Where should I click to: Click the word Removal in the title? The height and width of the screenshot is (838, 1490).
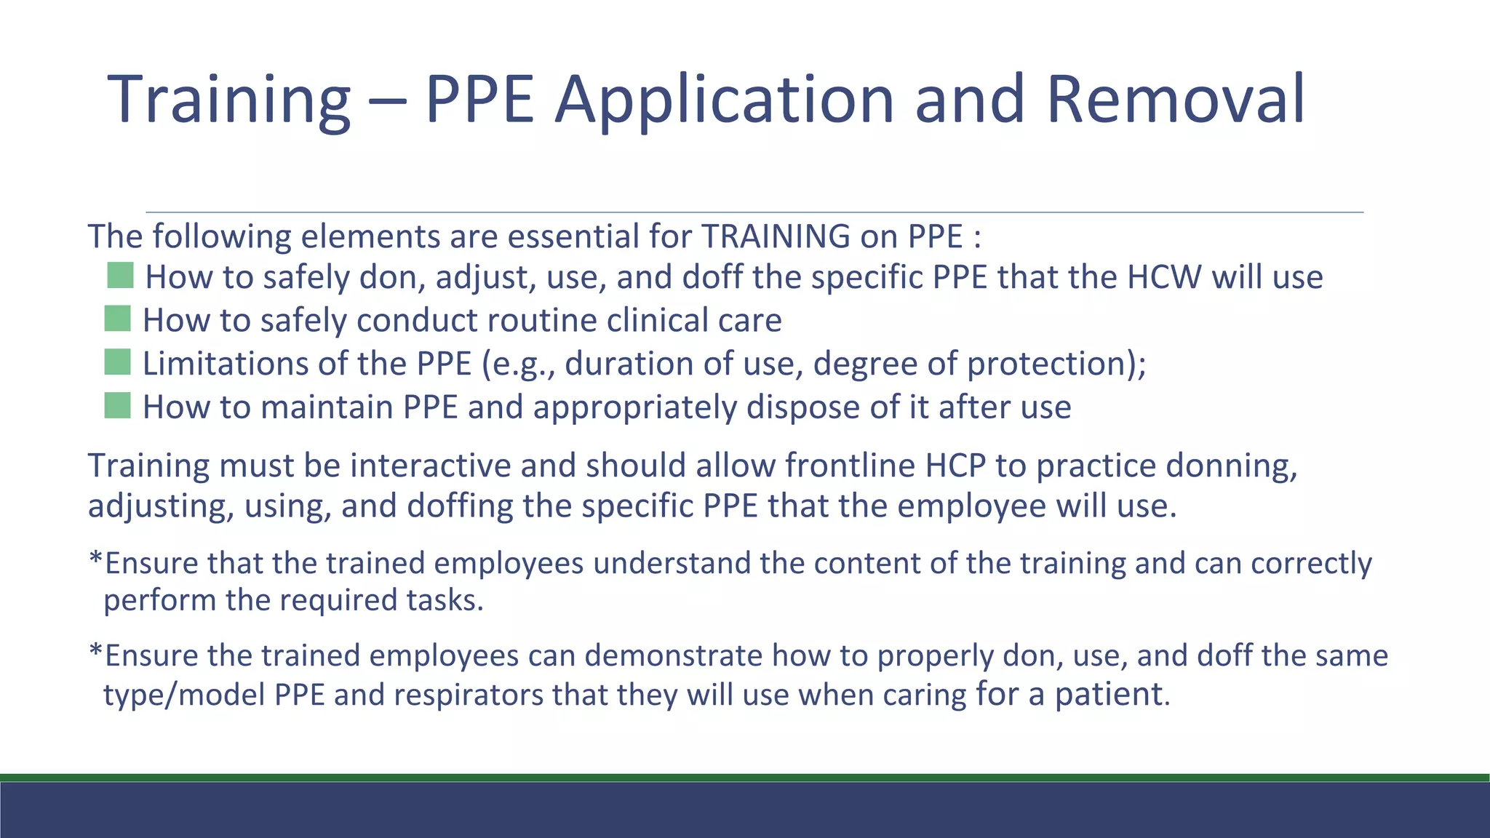[x=1175, y=99]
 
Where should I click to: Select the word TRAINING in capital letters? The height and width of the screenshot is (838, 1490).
[x=776, y=236]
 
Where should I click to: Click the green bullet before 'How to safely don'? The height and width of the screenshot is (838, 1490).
[x=120, y=276]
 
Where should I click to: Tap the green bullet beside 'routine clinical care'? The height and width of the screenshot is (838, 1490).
[x=117, y=319]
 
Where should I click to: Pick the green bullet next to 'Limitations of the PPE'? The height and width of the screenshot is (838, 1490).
[x=117, y=362]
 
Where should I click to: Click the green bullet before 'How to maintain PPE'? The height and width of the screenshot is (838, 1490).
[x=117, y=406]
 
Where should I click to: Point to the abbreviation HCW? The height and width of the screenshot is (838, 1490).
[x=1164, y=277]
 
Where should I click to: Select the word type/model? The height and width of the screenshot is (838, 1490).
[x=184, y=695]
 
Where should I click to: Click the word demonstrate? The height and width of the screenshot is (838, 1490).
[x=673, y=655]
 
